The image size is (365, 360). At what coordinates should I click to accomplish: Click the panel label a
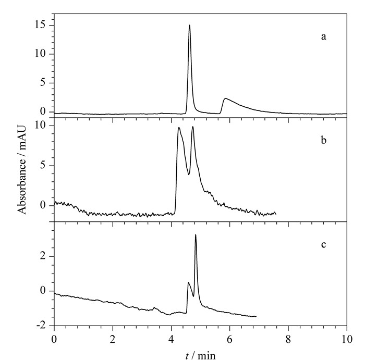click(x=324, y=37)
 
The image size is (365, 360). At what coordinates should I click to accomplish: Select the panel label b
click(x=324, y=140)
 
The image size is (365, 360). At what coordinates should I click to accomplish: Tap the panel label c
click(x=324, y=245)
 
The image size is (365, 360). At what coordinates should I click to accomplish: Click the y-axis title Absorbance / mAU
click(x=22, y=169)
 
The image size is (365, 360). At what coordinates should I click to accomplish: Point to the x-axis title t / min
click(x=200, y=355)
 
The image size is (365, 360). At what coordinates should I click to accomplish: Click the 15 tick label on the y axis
click(x=40, y=25)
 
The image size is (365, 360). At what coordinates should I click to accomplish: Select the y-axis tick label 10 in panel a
click(x=40, y=54)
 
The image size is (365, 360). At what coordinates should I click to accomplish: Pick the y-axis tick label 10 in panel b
click(x=40, y=126)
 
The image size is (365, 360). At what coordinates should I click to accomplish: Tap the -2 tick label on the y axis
click(x=41, y=326)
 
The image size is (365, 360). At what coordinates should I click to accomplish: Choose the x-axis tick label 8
click(x=288, y=339)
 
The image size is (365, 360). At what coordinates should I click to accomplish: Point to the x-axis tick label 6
click(x=230, y=339)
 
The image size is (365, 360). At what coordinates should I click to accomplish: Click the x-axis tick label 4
click(x=172, y=339)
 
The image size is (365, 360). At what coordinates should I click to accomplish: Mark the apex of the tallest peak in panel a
click(x=189, y=25)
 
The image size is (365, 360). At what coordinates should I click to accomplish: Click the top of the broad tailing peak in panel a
click(x=225, y=98)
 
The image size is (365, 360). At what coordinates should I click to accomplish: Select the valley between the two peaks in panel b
click(x=189, y=175)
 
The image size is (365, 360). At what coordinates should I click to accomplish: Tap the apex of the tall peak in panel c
click(x=196, y=234)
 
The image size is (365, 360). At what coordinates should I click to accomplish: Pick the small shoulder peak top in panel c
click(x=188, y=282)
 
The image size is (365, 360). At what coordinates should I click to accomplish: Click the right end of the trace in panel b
click(x=276, y=214)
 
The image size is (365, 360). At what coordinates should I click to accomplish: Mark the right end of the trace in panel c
click(x=256, y=317)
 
